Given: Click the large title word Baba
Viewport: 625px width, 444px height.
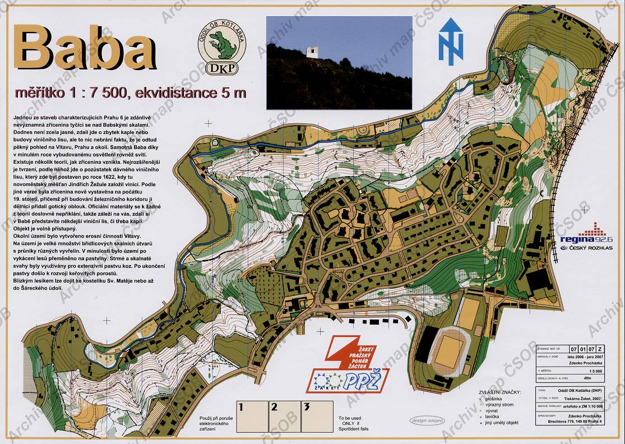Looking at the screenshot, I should point(84,49).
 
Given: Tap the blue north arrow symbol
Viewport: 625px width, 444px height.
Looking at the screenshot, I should point(451,41).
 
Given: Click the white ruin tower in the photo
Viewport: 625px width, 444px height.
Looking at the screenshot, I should point(312,52).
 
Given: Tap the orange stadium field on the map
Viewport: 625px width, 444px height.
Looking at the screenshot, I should point(448,351).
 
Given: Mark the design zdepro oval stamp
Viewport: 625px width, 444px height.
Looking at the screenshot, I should point(427,420).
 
